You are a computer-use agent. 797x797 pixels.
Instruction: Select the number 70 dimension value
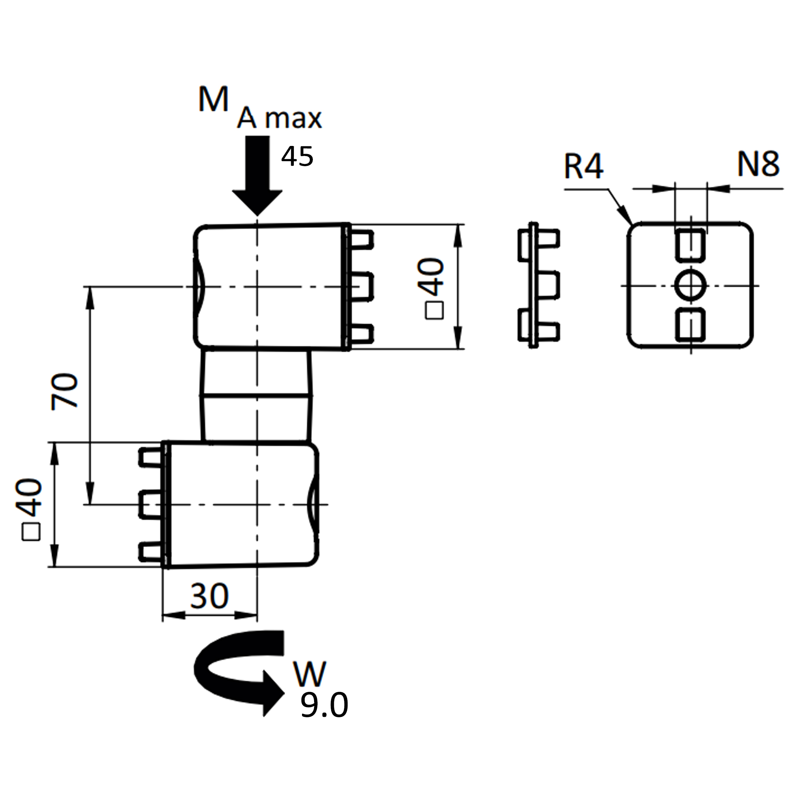coord(64,391)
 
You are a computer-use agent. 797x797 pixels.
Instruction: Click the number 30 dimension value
coord(209,596)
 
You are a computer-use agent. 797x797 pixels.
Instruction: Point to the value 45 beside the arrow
coord(297,156)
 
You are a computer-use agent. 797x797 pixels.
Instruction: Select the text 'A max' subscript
coord(279,118)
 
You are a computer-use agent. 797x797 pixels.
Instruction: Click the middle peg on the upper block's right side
coord(362,287)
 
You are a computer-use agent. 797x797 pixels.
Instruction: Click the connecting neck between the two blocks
coord(256,397)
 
